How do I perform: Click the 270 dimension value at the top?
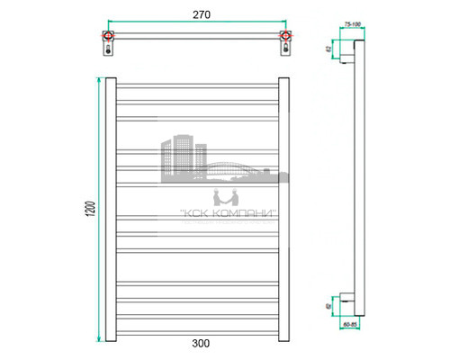[197, 14]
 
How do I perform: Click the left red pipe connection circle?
[109, 37]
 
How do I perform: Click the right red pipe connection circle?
[285, 37]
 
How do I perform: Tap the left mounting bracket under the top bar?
[110, 50]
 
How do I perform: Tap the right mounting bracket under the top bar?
[285, 50]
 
